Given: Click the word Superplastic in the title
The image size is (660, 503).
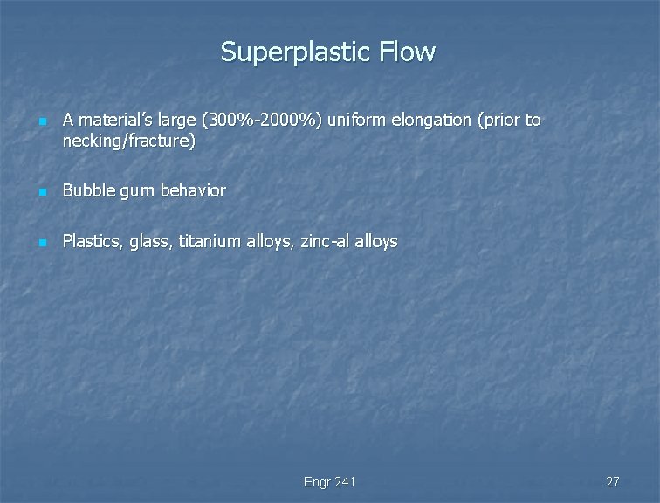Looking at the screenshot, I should tap(297, 52).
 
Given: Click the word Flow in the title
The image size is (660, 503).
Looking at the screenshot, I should tap(407, 52).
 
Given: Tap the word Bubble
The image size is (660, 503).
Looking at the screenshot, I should tap(86, 189).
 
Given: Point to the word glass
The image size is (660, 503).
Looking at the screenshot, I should tap(151, 241).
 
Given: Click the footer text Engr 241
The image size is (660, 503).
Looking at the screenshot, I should tap(329, 482).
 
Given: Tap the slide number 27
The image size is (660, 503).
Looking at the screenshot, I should tap(612, 482).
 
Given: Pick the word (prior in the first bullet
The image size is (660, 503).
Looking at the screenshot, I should tap(499, 121).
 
